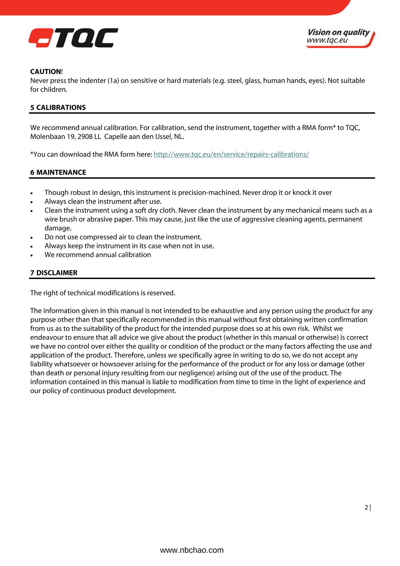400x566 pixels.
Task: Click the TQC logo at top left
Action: pos(73,38)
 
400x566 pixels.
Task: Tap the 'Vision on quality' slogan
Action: pos(338,32)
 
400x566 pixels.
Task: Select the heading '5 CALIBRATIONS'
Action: pos(58,108)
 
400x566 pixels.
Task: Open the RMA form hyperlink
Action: pos(231,154)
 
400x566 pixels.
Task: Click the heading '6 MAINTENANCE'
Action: pos(58,172)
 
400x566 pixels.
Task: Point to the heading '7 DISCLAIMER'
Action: pos(54,273)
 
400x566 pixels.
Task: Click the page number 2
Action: pos(366,507)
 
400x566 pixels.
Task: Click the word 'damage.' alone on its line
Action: pos(58,228)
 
